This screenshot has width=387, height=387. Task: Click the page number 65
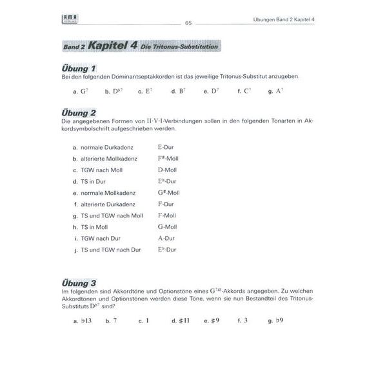pos(188,23)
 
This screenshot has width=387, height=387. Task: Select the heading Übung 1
pos(79,68)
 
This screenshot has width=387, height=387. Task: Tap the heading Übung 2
pos(79,112)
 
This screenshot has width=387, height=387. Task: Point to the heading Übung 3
pos(79,283)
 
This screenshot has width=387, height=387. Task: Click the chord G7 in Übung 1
pos(83,91)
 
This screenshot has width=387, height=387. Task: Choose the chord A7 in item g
pos(279,91)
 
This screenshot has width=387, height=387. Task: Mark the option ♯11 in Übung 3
pos(183,320)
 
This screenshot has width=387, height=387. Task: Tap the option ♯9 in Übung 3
pos(214,320)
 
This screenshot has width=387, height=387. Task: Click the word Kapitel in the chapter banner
pos(111,46)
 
